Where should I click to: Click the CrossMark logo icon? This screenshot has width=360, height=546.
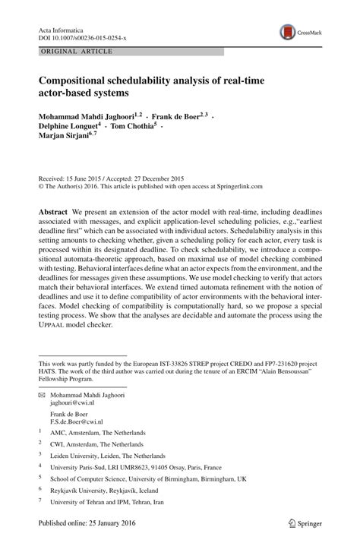pyautogui.click(x=289, y=32)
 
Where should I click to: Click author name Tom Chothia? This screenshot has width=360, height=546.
pyautogui.click(x=129, y=127)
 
